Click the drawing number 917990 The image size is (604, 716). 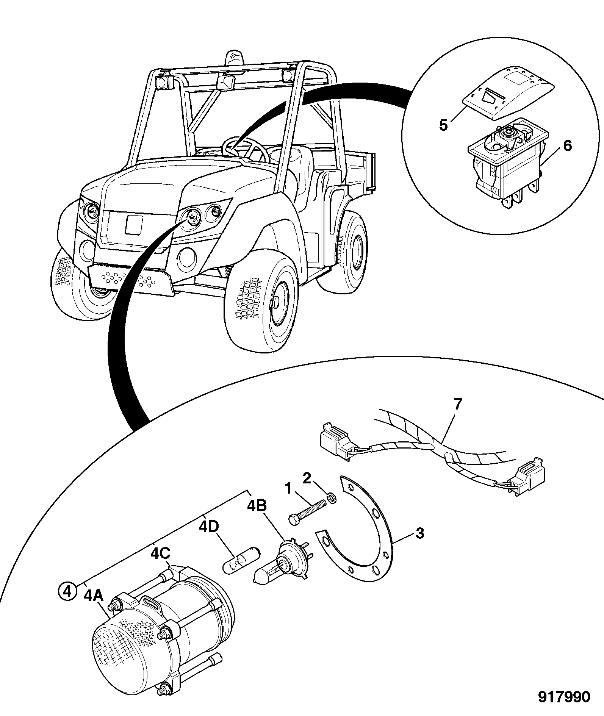pyautogui.click(x=565, y=696)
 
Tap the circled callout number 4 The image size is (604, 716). pyautogui.click(x=67, y=591)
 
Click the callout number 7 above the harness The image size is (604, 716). pyautogui.click(x=458, y=405)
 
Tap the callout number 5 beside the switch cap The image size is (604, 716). pyautogui.click(x=443, y=125)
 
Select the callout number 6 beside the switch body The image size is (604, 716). pyautogui.click(x=567, y=145)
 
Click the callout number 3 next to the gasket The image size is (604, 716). pyautogui.click(x=420, y=533)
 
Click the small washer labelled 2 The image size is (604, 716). pyautogui.click(x=332, y=498)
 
